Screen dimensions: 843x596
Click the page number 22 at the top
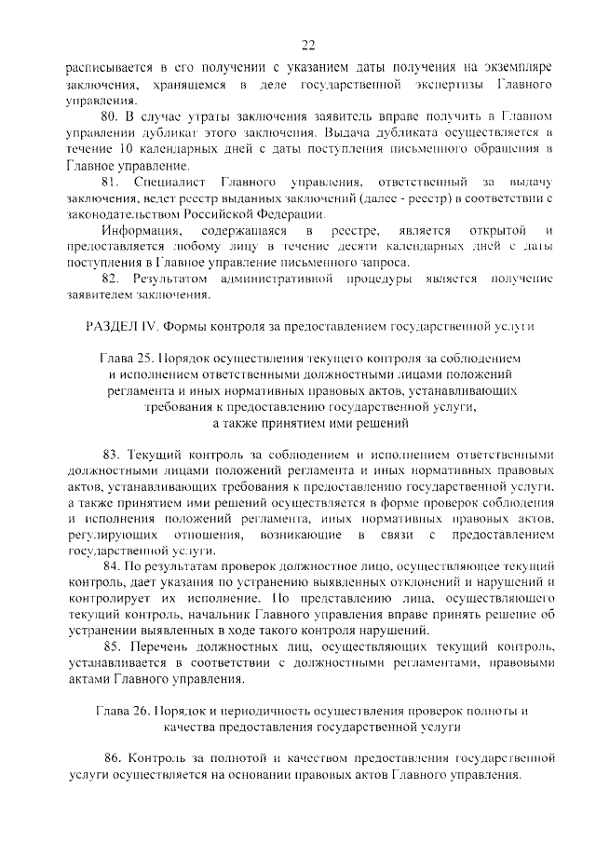click(x=308, y=44)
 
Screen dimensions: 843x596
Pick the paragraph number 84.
click(x=111, y=565)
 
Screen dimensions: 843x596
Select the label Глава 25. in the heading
click(x=128, y=358)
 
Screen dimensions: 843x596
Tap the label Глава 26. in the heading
click(x=125, y=710)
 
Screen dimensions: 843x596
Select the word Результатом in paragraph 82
click(x=169, y=279)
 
